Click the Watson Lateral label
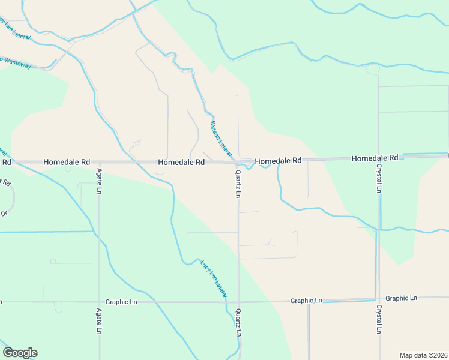point(220,137)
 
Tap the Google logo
point(20,353)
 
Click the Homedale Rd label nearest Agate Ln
point(67,162)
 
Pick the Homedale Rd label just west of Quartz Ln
point(181,162)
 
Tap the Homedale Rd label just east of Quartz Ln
point(278,161)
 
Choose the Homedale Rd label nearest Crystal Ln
point(375,158)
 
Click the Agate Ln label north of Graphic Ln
point(100,182)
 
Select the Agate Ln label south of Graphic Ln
point(100,322)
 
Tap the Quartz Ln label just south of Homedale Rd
point(238,184)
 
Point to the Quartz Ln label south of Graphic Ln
point(238,323)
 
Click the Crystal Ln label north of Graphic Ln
point(379,178)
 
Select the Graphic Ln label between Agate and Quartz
point(121,302)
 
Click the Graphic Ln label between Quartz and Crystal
point(306,301)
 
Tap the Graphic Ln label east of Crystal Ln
point(401,298)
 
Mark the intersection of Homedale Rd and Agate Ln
point(100,162)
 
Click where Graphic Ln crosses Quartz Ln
point(238,301)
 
